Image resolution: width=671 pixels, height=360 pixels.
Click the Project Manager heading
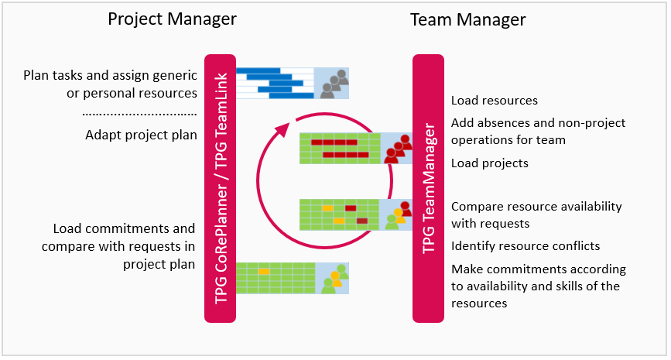171,19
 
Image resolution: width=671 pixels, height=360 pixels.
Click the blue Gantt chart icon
275,83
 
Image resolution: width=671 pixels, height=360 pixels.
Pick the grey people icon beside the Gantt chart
333,83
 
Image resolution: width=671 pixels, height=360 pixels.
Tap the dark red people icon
397,148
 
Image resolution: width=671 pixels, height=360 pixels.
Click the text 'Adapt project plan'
141,135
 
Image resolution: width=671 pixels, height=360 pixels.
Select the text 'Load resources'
494,101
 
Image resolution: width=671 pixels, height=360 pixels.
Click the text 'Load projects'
489,163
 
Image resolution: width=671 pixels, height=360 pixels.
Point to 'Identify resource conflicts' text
526,246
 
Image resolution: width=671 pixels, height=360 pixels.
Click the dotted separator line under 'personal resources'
139,113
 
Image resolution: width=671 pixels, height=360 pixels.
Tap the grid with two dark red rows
340,148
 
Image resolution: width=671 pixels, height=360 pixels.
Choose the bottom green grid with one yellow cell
275,277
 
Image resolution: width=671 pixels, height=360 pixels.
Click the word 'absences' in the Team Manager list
502,123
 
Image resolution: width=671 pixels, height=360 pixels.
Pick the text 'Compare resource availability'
536,207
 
